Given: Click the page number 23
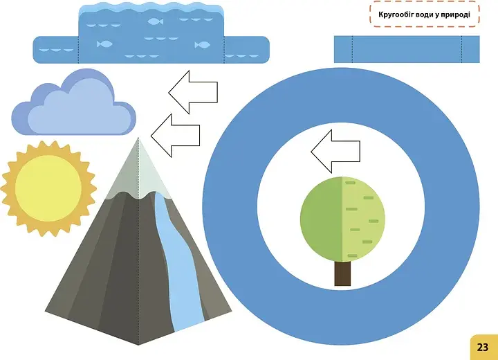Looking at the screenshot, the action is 482,347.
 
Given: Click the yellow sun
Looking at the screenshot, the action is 48,188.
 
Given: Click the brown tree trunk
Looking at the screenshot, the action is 342,273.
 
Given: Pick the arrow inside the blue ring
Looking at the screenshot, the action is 335,152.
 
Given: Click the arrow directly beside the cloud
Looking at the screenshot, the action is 175,136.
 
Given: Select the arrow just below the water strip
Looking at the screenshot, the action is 193,92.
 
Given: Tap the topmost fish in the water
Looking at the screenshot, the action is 156,21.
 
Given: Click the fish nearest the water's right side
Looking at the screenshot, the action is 202,44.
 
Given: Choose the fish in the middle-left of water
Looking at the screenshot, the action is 104,44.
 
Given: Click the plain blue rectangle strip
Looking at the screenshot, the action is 407,49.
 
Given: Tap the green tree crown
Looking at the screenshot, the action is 342,219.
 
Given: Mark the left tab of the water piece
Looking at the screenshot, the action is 56,50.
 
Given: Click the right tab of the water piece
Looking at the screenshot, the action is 247,50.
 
